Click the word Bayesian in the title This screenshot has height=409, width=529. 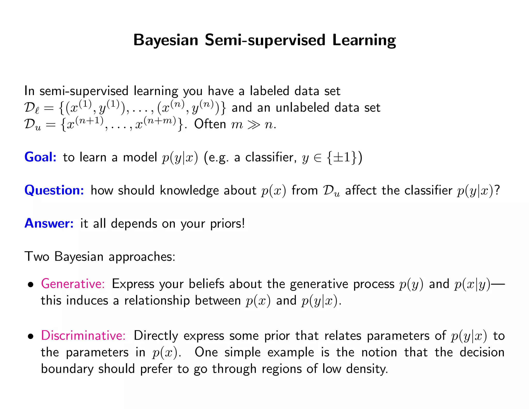pyautogui.click(x=166, y=40)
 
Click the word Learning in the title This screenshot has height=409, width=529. pyautogui.click(x=364, y=40)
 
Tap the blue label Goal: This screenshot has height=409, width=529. pyautogui.click(x=40, y=157)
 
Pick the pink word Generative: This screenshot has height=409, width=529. pyautogui.click(x=73, y=284)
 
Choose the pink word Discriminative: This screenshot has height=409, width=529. pyautogui.click(x=83, y=336)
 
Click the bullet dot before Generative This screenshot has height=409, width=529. pyautogui.click(x=31, y=285)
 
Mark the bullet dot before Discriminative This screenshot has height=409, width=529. pyautogui.click(x=31, y=337)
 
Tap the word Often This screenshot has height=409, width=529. pyautogui.click(x=210, y=124)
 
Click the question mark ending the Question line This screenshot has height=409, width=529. pyautogui.click(x=497, y=190)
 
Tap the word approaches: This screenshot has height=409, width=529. pyautogui.click(x=142, y=257)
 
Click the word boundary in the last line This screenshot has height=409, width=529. pyautogui.click(x=67, y=369)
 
